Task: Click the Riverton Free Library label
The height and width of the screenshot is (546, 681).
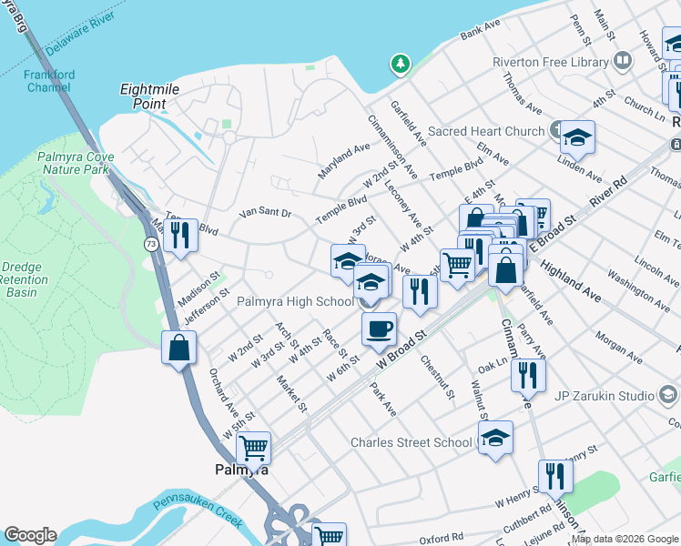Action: [x=563, y=62]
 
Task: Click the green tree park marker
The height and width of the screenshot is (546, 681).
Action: [x=399, y=64]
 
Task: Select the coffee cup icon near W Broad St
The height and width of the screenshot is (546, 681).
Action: [x=379, y=329]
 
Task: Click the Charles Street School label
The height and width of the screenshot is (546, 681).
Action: [x=412, y=443]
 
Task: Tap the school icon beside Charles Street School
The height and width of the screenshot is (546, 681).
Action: [x=495, y=438]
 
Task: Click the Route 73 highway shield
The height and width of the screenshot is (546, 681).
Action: [x=150, y=244]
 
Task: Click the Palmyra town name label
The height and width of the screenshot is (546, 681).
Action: [x=241, y=470]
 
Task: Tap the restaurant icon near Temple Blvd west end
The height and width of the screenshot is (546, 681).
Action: [x=180, y=235]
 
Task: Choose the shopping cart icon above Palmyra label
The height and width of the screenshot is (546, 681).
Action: [x=253, y=447]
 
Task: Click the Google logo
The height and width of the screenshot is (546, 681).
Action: [x=30, y=535]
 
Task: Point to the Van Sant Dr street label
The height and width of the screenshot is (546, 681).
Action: [x=264, y=213]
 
